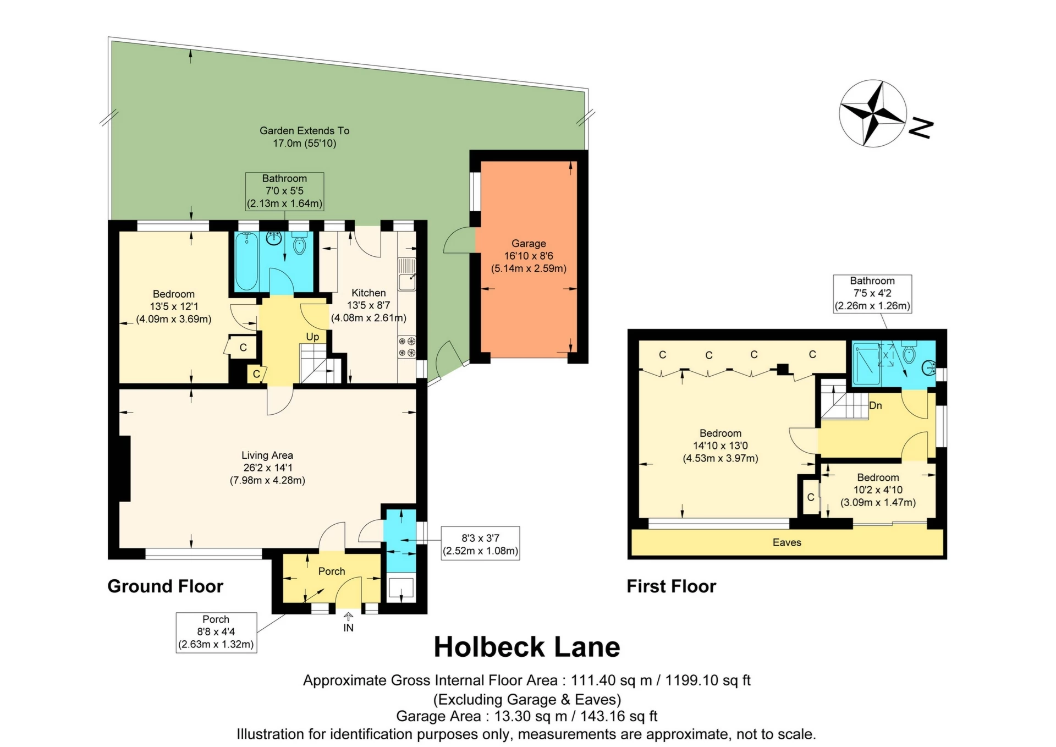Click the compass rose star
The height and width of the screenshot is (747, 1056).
tap(873, 114)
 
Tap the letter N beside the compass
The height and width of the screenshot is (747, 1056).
tap(921, 128)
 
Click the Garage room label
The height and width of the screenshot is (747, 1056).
tap(529, 243)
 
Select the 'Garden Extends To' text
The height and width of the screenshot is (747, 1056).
tap(305, 131)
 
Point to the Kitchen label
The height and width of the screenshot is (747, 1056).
tap(369, 293)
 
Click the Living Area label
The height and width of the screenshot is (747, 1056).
tap(267, 455)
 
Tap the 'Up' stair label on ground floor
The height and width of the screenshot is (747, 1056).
tap(312, 337)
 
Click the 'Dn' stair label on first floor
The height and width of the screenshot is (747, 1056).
tap(876, 406)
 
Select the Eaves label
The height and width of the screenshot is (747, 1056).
tap(787, 542)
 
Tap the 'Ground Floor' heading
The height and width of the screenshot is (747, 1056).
tap(166, 586)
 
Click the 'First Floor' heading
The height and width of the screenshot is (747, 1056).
tap(672, 586)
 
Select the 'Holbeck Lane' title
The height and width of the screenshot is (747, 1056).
tap(527, 647)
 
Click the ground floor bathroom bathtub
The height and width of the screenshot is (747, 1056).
tap(246, 261)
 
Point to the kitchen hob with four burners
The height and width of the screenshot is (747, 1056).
tap(407, 347)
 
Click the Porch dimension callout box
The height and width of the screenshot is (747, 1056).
tap(216, 633)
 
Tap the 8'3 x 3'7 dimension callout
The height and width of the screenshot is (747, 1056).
tap(481, 543)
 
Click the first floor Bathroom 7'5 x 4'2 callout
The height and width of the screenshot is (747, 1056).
tap(872, 294)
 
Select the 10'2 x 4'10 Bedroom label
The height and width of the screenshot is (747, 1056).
tap(878, 490)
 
